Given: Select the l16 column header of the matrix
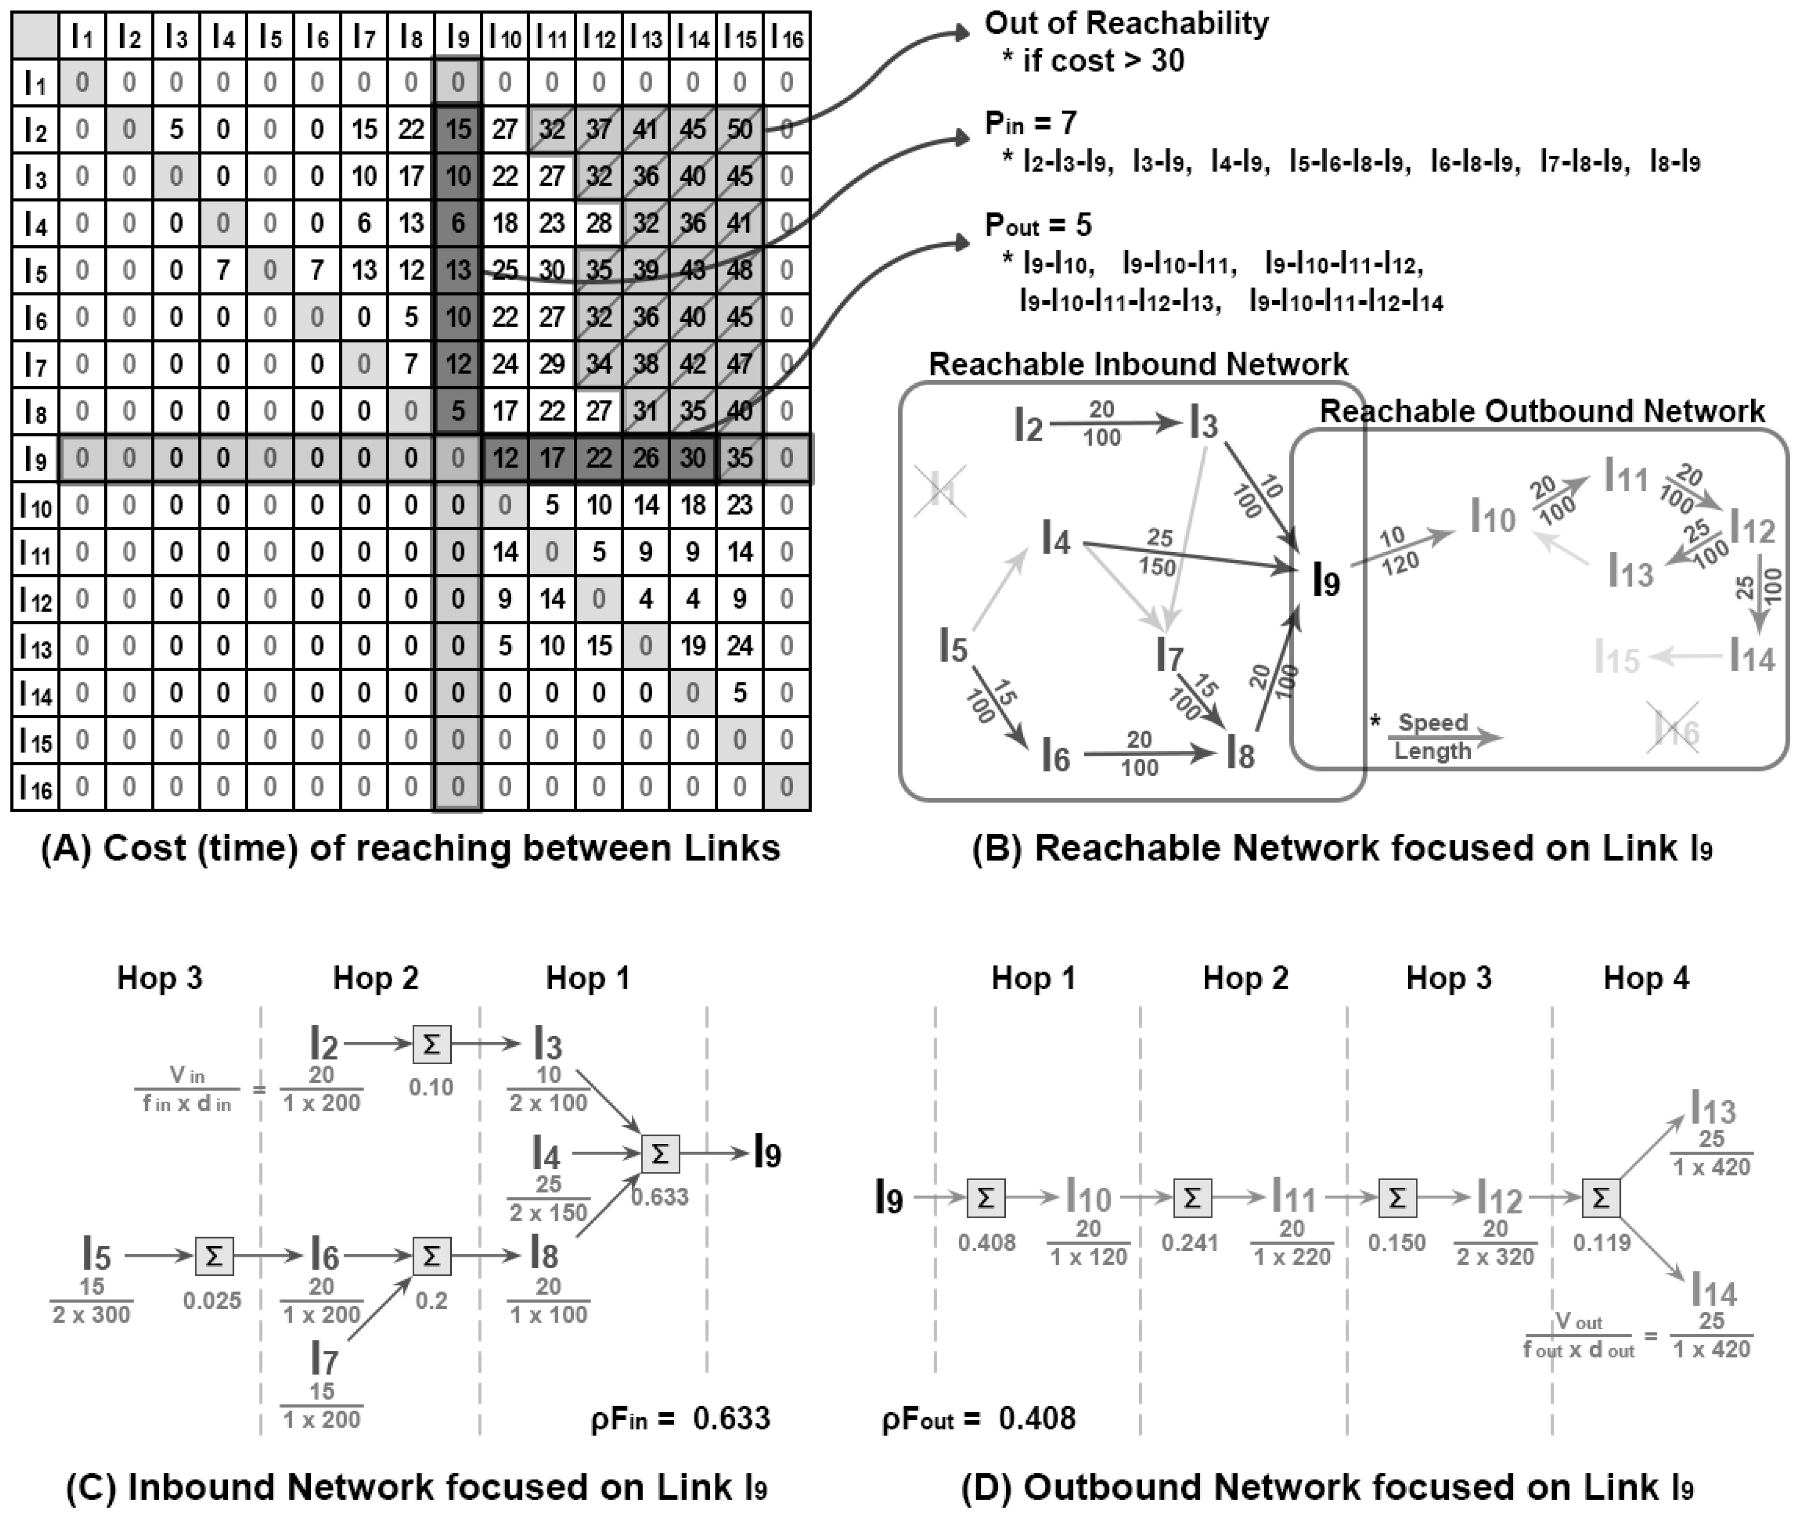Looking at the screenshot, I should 786,36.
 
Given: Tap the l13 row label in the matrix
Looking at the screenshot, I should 35,646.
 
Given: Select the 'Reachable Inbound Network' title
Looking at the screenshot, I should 1138,364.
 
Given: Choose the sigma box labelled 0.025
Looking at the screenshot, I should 214,1256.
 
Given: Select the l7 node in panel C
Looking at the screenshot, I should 323,1361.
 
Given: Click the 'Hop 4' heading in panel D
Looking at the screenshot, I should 1645,978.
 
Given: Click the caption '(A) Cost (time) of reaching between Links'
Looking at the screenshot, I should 411,848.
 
